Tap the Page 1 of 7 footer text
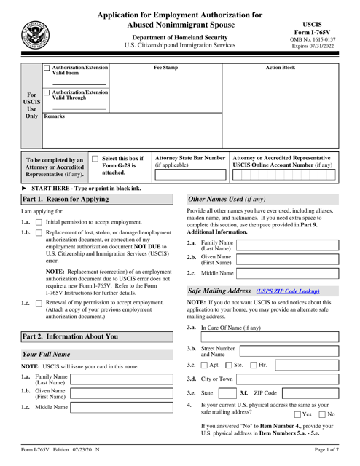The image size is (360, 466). (x=324, y=457)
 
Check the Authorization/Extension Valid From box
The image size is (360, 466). (x=47, y=69)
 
